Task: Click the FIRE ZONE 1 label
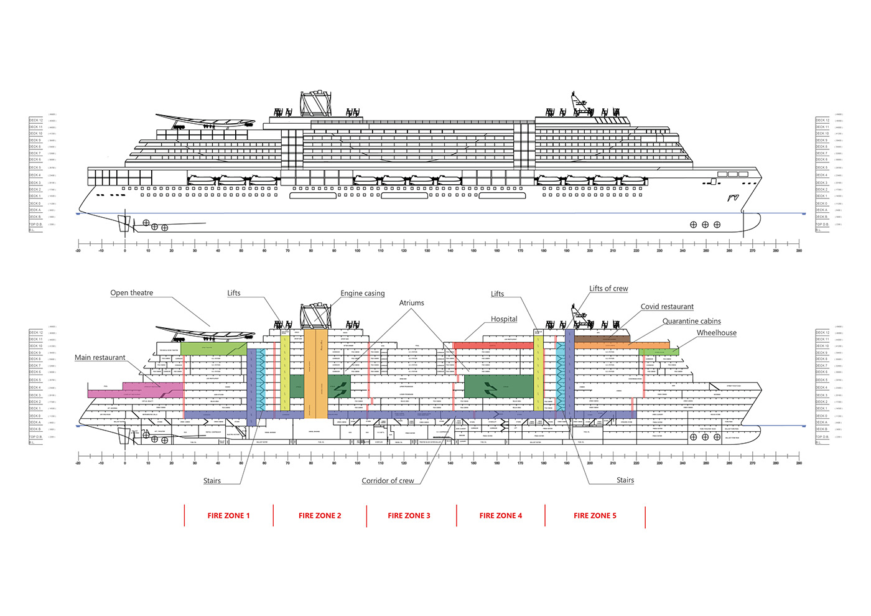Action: (x=228, y=516)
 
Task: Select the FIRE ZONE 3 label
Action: (x=409, y=516)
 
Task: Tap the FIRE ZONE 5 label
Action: (x=595, y=516)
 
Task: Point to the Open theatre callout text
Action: (x=131, y=293)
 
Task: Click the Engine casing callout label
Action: (x=362, y=294)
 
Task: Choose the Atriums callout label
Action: (x=411, y=303)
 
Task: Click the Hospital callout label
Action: (x=504, y=319)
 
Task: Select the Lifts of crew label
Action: (x=608, y=289)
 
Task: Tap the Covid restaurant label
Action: (x=667, y=307)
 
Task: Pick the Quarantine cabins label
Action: (x=691, y=322)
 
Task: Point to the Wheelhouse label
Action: (x=716, y=333)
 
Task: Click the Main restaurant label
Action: (x=100, y=358)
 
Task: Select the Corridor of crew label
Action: (x=388, y=481)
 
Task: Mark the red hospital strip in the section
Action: (x=493, y=345)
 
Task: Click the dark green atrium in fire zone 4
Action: (x=499, y=387)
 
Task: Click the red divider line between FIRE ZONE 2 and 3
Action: (x=366, y=516)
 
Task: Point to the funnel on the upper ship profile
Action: (x=315, y=104)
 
